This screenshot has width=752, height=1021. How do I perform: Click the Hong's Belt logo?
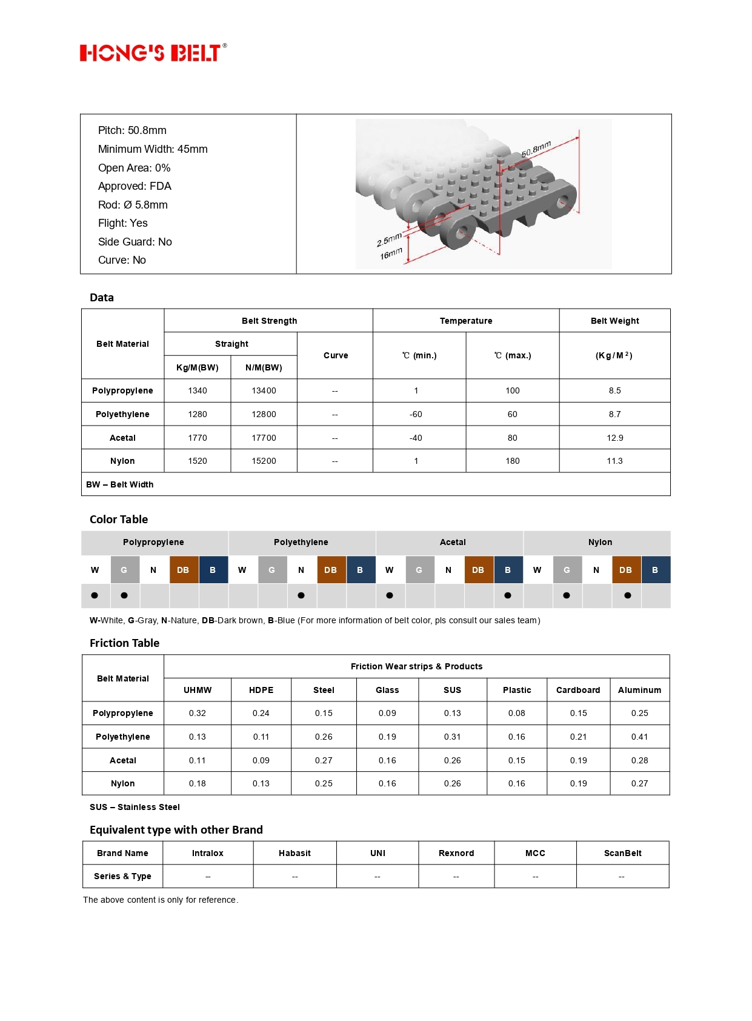tap(153, 53)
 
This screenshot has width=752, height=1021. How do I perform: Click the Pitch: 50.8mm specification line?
tap(132, 130)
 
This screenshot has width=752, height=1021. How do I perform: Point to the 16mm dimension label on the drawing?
tap(391, 253)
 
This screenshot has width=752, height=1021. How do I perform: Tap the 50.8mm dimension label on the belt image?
tap(536, 149)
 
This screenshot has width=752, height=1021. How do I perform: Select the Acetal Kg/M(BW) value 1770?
tap(198, 438)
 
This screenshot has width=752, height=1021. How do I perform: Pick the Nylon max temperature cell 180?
tap(513, 461)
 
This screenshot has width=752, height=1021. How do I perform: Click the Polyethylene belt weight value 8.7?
tap(614, 414)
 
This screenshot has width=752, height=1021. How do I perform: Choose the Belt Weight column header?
tap(614, 321)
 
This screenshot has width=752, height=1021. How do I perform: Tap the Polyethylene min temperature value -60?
tap(416, 414)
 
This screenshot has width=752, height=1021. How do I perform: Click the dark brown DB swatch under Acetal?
tap(478, 570)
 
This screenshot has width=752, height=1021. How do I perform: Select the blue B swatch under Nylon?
tap(655, 570)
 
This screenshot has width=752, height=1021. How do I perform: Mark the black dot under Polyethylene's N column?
tap(301, 595)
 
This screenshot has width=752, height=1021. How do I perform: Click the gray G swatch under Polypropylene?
tap(124, 570)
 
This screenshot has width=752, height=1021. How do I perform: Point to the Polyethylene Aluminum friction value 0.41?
tap(639, 737)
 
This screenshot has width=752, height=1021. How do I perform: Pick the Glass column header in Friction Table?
tap(387, 690)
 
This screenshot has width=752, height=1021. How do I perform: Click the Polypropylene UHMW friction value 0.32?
tap(198, 713)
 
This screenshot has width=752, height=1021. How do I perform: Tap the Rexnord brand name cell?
tap(456, 853)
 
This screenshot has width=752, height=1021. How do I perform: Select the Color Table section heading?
tap(119, 520)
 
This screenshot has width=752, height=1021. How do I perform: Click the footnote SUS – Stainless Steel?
tap(135, 807)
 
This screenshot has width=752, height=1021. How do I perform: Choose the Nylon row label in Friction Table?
tap(123, 783)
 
